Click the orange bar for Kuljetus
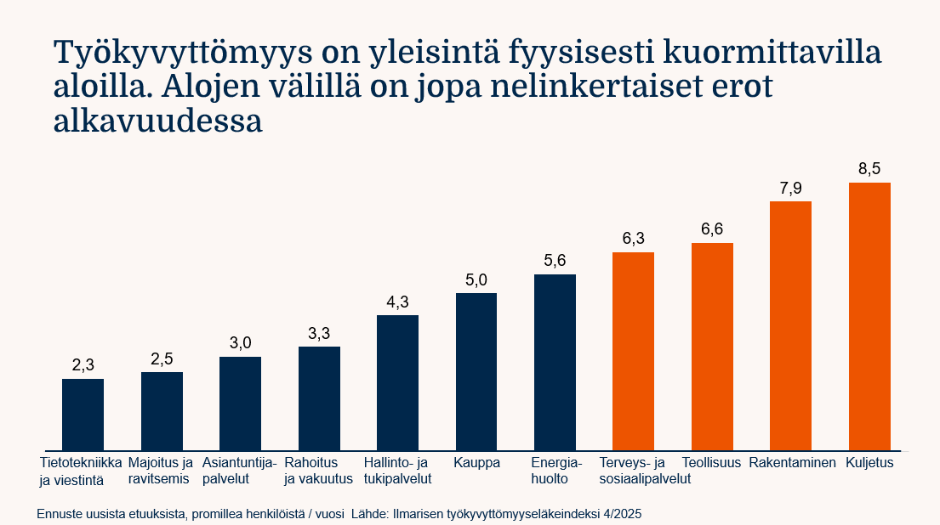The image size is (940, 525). coord(869,316)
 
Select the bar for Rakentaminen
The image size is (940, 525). coord(790,325)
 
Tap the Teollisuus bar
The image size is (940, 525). coord(712,347)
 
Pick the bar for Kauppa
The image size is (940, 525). coord(476,371)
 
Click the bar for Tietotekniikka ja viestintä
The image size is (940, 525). coord(83,415)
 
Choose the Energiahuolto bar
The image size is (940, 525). coord(555,362)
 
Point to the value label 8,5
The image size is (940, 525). coord(869,169)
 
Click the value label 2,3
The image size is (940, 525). coord(83,365)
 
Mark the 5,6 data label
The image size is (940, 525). coord(555,261)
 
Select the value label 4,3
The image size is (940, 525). coord(397,302)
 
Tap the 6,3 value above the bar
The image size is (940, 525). coord(633,239)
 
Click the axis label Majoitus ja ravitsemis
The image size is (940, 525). coord(161,471)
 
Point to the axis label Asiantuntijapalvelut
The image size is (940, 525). coord(239,471)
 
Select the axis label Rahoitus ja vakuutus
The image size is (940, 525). coord(318,471)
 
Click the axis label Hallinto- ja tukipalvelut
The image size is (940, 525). coord(397,471)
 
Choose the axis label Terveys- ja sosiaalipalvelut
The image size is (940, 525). coord(644,471)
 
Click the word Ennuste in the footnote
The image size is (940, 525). coord(60,515)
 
